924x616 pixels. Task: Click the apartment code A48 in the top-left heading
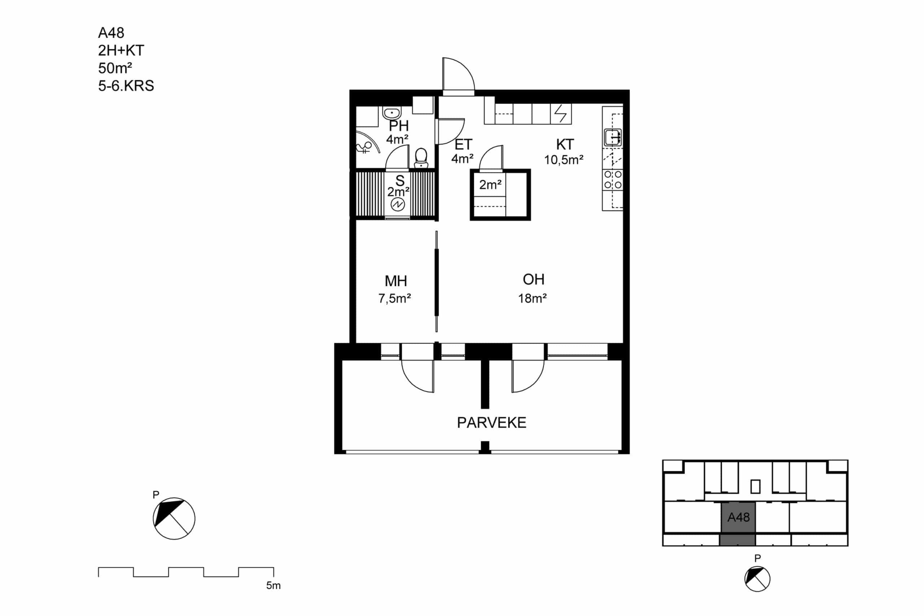click(111, 33)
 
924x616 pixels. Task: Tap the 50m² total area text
click(115, 68)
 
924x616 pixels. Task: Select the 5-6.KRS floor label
click(126, 86)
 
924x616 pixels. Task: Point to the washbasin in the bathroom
click(392, 113)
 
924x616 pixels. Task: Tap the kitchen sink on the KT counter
click(613, 137)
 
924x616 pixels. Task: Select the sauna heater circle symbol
click(397, 204)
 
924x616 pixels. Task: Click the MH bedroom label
click(396, 281)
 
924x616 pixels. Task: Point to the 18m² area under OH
click(532, 298)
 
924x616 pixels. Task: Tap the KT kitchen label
click(565, 145)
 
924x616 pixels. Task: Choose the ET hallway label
click(463, 145)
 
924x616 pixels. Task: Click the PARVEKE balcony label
click(492, 423)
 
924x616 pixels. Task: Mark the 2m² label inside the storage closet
click(490, 184)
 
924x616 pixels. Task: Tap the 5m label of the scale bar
click(274, 586)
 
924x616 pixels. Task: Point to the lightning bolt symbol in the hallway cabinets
click(561, 114)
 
